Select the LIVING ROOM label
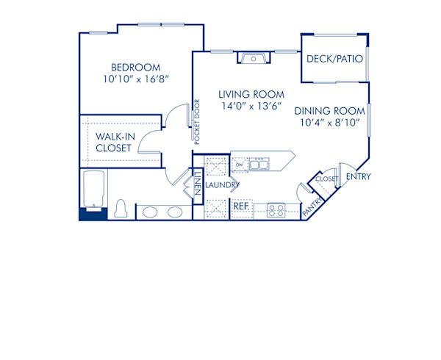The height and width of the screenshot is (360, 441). pos(251,94)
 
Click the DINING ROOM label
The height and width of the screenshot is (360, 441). pos(330,111)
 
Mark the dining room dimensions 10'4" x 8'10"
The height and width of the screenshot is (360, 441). pos(330,123)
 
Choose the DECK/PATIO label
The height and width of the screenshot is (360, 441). pos(334,59)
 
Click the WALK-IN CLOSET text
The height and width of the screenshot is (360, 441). pos(114,142)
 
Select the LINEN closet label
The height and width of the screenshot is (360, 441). pos(199,184)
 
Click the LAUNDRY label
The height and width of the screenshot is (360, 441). pos(222,185)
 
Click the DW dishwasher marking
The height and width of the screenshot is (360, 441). pos(240,165)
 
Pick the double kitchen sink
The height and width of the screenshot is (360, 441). pos(258,165)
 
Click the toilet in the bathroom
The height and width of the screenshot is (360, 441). pos(122,208)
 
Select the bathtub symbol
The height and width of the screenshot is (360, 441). pos(94,190)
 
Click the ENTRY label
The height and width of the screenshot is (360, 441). pos(358,176)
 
